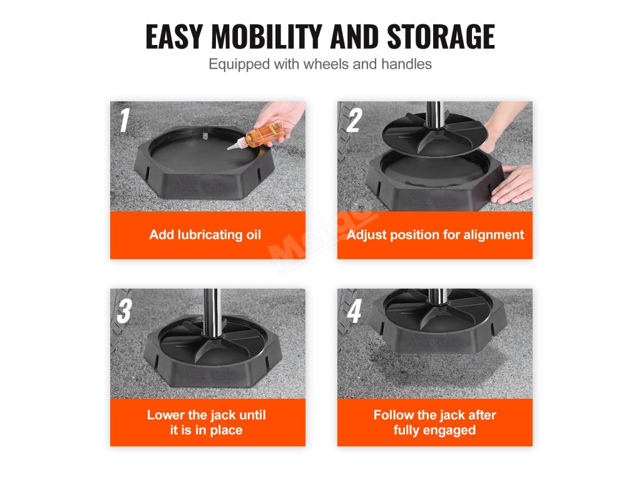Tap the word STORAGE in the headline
441,37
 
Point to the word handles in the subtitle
406,64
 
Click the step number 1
125,120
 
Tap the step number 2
354,120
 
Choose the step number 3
125,311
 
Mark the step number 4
354,311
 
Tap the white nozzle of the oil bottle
235,144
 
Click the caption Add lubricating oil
205,235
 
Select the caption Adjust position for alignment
436,235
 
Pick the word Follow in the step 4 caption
393,415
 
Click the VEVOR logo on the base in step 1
200,185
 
